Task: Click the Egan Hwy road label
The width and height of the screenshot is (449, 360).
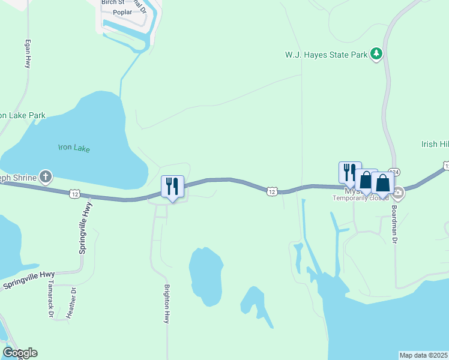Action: pos(27,54)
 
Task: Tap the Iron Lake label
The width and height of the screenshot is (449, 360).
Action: pos(74,148)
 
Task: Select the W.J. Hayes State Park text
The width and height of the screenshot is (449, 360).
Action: pos(325,55)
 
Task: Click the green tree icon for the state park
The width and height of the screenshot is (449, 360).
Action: pos(376,54)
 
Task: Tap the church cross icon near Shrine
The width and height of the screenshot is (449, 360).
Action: pos(46,177)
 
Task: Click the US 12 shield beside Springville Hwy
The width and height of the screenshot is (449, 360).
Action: pos(74,193)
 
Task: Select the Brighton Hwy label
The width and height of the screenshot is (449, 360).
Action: pos(167,304)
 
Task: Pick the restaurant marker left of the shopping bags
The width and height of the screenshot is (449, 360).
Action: pos(350,172)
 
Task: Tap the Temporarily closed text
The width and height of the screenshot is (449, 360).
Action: pos(361,198)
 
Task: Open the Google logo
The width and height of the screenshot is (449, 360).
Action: pos(20,353)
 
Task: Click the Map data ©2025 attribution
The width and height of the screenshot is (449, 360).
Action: pos(423,355)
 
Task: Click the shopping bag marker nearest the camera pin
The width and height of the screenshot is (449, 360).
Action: pos(382,183)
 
